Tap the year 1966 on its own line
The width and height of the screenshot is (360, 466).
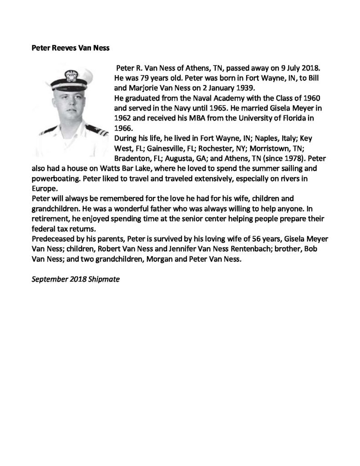[123, 128]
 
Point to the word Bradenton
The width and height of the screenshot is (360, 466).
[134, 158]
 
